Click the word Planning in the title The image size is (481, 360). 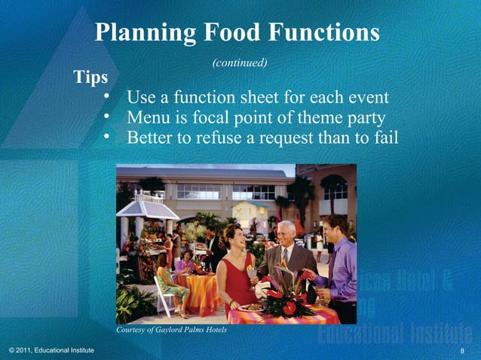coord(142,32)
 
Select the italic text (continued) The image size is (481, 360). coord(240,63)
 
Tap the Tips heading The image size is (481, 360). coord(90,77)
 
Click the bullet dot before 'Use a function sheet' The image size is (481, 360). coord(107,97)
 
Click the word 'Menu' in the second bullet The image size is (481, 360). coord(149,118)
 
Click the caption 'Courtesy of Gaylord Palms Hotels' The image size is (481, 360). coord(172,330)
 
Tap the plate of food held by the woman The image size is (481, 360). coord(250,307)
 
